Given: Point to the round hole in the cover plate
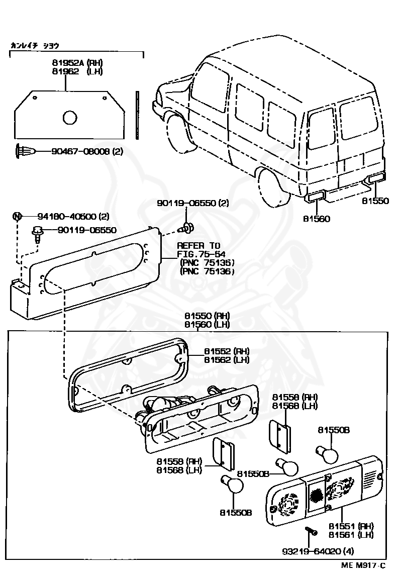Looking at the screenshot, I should coord(70,118).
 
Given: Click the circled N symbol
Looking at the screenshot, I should coord(18,217).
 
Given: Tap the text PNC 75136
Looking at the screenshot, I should coord(207,271).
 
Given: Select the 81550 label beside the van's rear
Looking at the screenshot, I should coord(375,201).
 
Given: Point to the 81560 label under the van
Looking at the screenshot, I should coord(317,219).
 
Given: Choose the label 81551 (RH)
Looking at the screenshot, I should coord(351,526).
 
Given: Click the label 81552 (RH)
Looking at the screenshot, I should coord(227,351).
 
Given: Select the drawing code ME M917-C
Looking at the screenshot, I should coord(363,565).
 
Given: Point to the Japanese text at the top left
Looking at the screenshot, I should coord(35,46).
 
